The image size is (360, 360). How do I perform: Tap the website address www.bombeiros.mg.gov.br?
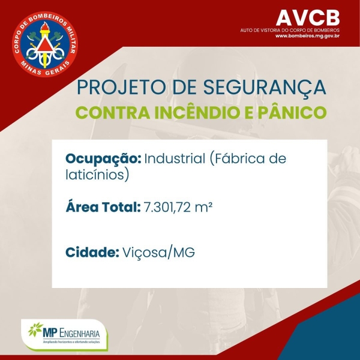(x=308, y=36)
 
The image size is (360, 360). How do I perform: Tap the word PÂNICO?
(x=295, y=113)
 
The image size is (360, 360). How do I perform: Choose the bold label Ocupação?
(x=103, y=160)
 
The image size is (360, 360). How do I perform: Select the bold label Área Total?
(x=103, y=208)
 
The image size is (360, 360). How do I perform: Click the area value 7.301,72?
(x=170, y=208)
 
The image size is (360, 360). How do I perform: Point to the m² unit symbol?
(x=206, y=208)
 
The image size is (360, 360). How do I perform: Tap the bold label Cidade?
(x=91, y=253)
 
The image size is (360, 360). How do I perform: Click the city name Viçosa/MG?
(x=158, y=253)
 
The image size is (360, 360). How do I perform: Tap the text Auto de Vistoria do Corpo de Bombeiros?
(x=290, y=29)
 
